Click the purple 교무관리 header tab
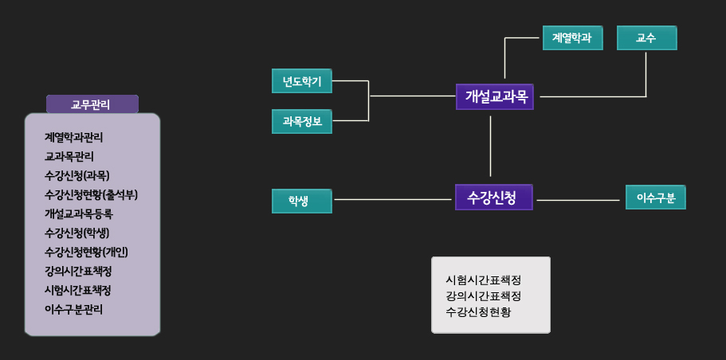coord(92,104)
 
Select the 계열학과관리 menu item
coord(73,138)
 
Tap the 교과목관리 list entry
coord(69,157)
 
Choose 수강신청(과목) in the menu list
coord(77,176)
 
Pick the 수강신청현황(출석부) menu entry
coord(91,195)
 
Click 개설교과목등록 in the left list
coord(79,214)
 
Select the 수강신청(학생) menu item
coord(77,233)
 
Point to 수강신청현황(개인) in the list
coord(86,252)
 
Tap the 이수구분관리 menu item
coord(73,310)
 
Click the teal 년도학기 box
coord(302,81)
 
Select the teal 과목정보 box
coord(302,121)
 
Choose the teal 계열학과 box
coord(573,37)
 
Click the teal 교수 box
coord(647,37)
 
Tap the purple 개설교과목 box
coord(495,96)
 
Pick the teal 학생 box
coord(302,201)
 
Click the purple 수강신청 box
coord(494,197)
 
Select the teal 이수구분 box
coord(656,197)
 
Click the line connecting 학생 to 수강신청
coord(393,199)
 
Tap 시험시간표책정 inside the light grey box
coord(484,280)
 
